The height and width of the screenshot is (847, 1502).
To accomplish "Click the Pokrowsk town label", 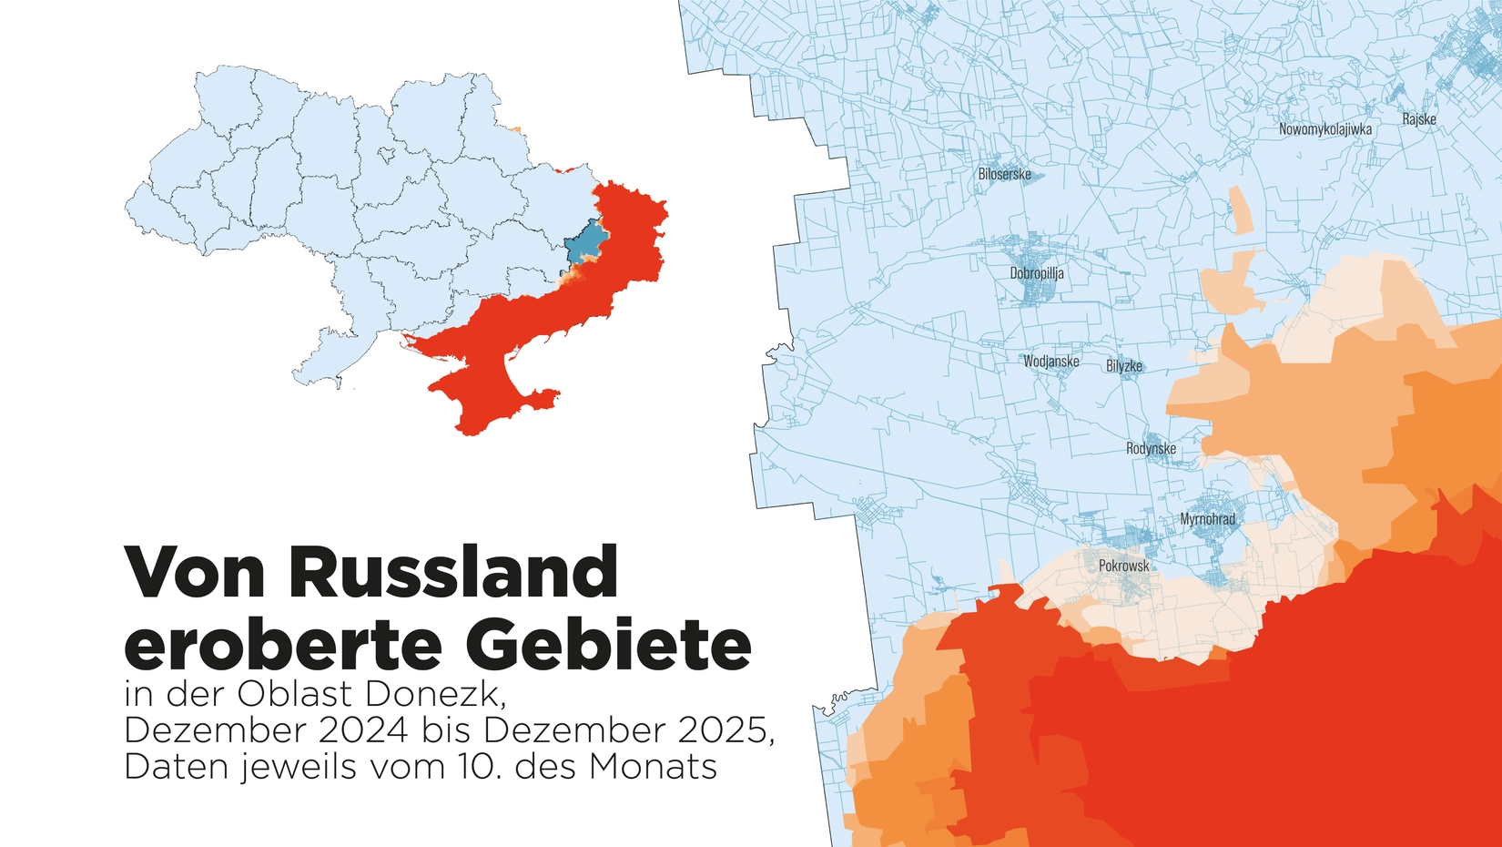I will (x=1123, y=566).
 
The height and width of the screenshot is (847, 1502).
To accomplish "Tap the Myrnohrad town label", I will (x=1208, y=519).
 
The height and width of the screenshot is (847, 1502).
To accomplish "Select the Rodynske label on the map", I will (x=1151, y=448).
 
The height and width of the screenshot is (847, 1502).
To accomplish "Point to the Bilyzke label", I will (x=1123, y=366).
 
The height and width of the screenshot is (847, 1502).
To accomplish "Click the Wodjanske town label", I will (x=1050, y=362).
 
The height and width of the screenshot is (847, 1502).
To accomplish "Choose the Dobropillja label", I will (x=1036, y=273).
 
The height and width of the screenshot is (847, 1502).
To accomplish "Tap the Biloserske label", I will (x=1004, y=174).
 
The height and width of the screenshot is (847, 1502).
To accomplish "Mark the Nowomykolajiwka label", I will (x=1324, y=129).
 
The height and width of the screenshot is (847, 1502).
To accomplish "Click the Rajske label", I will (x=1418, y=119).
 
